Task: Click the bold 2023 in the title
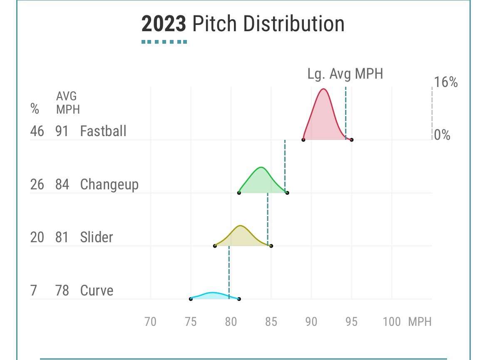[x=163, y=24]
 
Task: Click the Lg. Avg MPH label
[x=345, y=74]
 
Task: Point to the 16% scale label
[x=445, y=82]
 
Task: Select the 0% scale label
[x=442, y=135]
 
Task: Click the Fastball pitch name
[x=103, y=131]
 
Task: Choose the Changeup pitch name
[x=109, y=184]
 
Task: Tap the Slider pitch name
[x=97, y=237]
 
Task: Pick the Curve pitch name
[x=97, y=290]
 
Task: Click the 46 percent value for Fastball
[x=37, y=131]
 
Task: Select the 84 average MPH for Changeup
[x=62, y=184]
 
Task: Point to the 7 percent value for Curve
[x=33, y=290]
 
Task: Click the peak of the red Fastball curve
[x=323, y=89]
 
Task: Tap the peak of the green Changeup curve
[x=261, y=167]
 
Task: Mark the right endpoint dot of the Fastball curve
[x=352, y=140]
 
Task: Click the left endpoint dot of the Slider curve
[x=215, y=246]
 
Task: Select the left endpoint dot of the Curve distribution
[x=191, y=299]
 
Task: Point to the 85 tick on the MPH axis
[x=271, y=322]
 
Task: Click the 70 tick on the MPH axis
[x=150, y=322]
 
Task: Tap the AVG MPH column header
[x=67, y=102]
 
